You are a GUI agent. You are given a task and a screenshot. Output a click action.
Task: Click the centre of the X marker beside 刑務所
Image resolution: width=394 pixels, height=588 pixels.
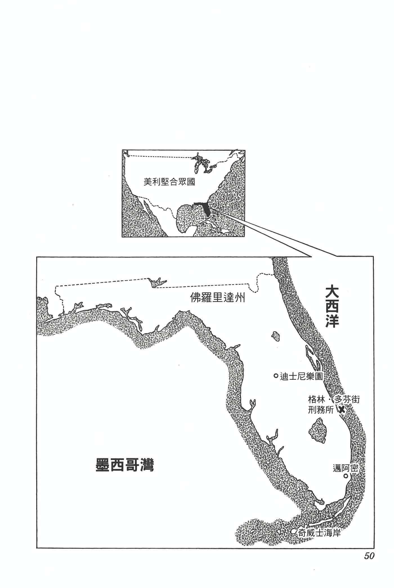click(341, 410)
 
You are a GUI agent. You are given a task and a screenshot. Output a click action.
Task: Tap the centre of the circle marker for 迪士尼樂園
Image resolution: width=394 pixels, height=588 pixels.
click(276, 376)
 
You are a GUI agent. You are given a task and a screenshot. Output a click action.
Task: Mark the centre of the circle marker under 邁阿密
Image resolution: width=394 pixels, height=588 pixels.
click(346, 476)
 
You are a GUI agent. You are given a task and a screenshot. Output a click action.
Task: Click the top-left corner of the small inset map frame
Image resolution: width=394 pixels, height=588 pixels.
click(122, 150)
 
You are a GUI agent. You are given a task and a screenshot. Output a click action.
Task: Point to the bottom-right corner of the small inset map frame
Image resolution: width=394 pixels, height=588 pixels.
click(245, 237)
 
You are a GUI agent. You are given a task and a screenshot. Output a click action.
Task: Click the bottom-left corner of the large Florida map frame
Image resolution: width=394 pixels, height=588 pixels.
click(37, 548)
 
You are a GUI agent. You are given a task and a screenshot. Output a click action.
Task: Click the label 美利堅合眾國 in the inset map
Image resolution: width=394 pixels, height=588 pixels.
click(169, 182)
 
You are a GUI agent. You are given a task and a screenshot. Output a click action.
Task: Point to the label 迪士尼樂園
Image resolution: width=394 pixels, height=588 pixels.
click(301, 376)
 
